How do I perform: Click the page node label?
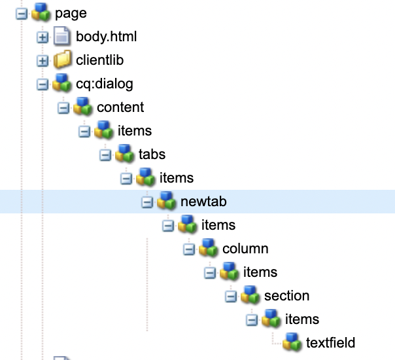(x=71, y=13)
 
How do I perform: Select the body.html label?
(x=106, y=37)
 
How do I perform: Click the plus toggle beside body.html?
(x=43, y=37)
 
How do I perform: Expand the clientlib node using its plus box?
(x=43, y=61)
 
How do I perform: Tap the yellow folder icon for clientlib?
(x=62, y=60)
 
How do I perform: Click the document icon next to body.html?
(x=62, y=37)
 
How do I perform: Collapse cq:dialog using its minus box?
(x=43, y=84)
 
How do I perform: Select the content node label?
(x=120, y=107)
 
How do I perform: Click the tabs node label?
(x=152, y=154)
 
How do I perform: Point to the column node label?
(x=245, y=249)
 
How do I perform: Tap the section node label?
(x=286, y=296)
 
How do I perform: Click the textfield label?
(x=330, y=343)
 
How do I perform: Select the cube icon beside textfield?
(x=292, y=342)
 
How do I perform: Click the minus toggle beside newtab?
(x=147, y=202)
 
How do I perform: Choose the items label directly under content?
(x=134, y=131)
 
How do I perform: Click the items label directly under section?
(x=302, y=319)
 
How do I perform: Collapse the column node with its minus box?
(x=189, y=249)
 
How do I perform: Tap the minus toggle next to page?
(x=22, y=14)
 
